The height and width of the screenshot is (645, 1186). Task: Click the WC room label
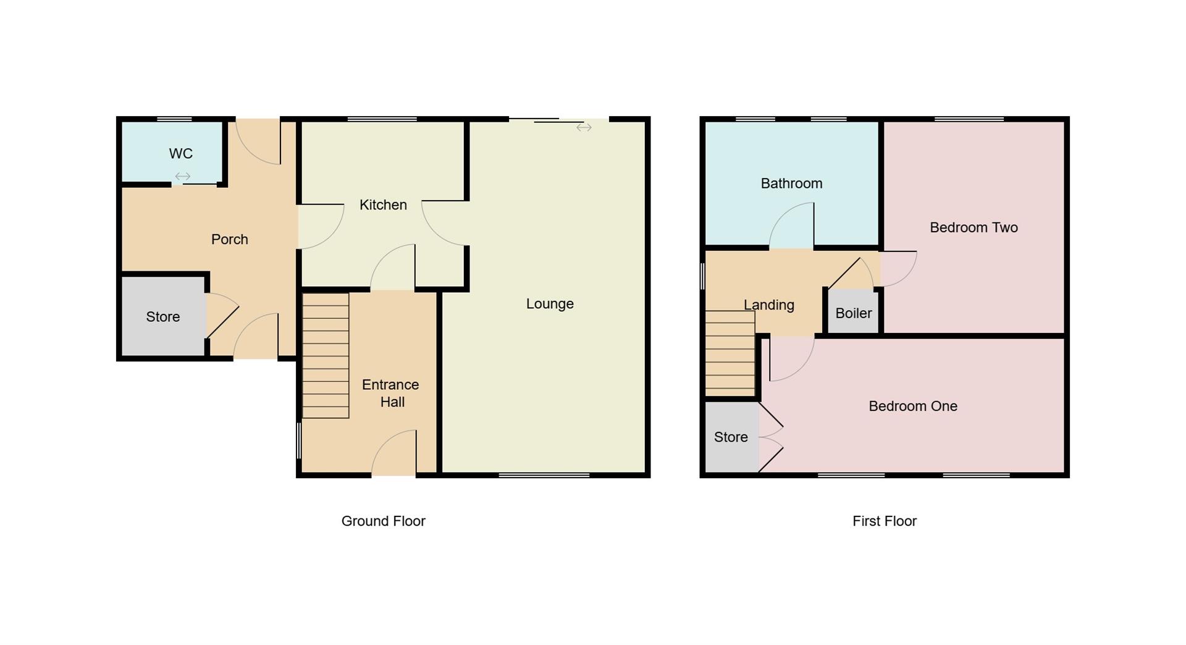click(x=181, y=153)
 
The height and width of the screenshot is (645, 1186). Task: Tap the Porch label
click(x=229, y=239)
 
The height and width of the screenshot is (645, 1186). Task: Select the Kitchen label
click(x=383, y=204)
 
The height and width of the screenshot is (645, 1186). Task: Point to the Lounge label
click(x=550, y=303)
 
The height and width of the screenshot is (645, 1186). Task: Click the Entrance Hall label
click(x=391, y=393)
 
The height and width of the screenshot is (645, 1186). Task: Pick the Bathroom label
click(x=791, y=183)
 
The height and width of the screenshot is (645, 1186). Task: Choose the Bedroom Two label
click(x=974, y=227)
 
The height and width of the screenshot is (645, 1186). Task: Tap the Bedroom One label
click(x=913, y=406)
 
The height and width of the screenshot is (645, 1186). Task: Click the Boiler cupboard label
click(x=853, y=313)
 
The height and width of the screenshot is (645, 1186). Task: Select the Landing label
click(x=768, y=305)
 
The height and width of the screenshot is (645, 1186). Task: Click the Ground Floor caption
click(x=383, y=521)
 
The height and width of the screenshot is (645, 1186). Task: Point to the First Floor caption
click(x=884, y=521)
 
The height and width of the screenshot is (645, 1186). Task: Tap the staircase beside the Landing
click(x=730, y=353)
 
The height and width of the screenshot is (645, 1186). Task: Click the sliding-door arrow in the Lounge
click(x=584, y=128)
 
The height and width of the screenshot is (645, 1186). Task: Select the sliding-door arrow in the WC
click(x=182, y=177)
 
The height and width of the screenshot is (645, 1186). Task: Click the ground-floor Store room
click(x=163, y=317)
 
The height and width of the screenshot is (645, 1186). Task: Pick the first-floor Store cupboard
click(x=731, y=437)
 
